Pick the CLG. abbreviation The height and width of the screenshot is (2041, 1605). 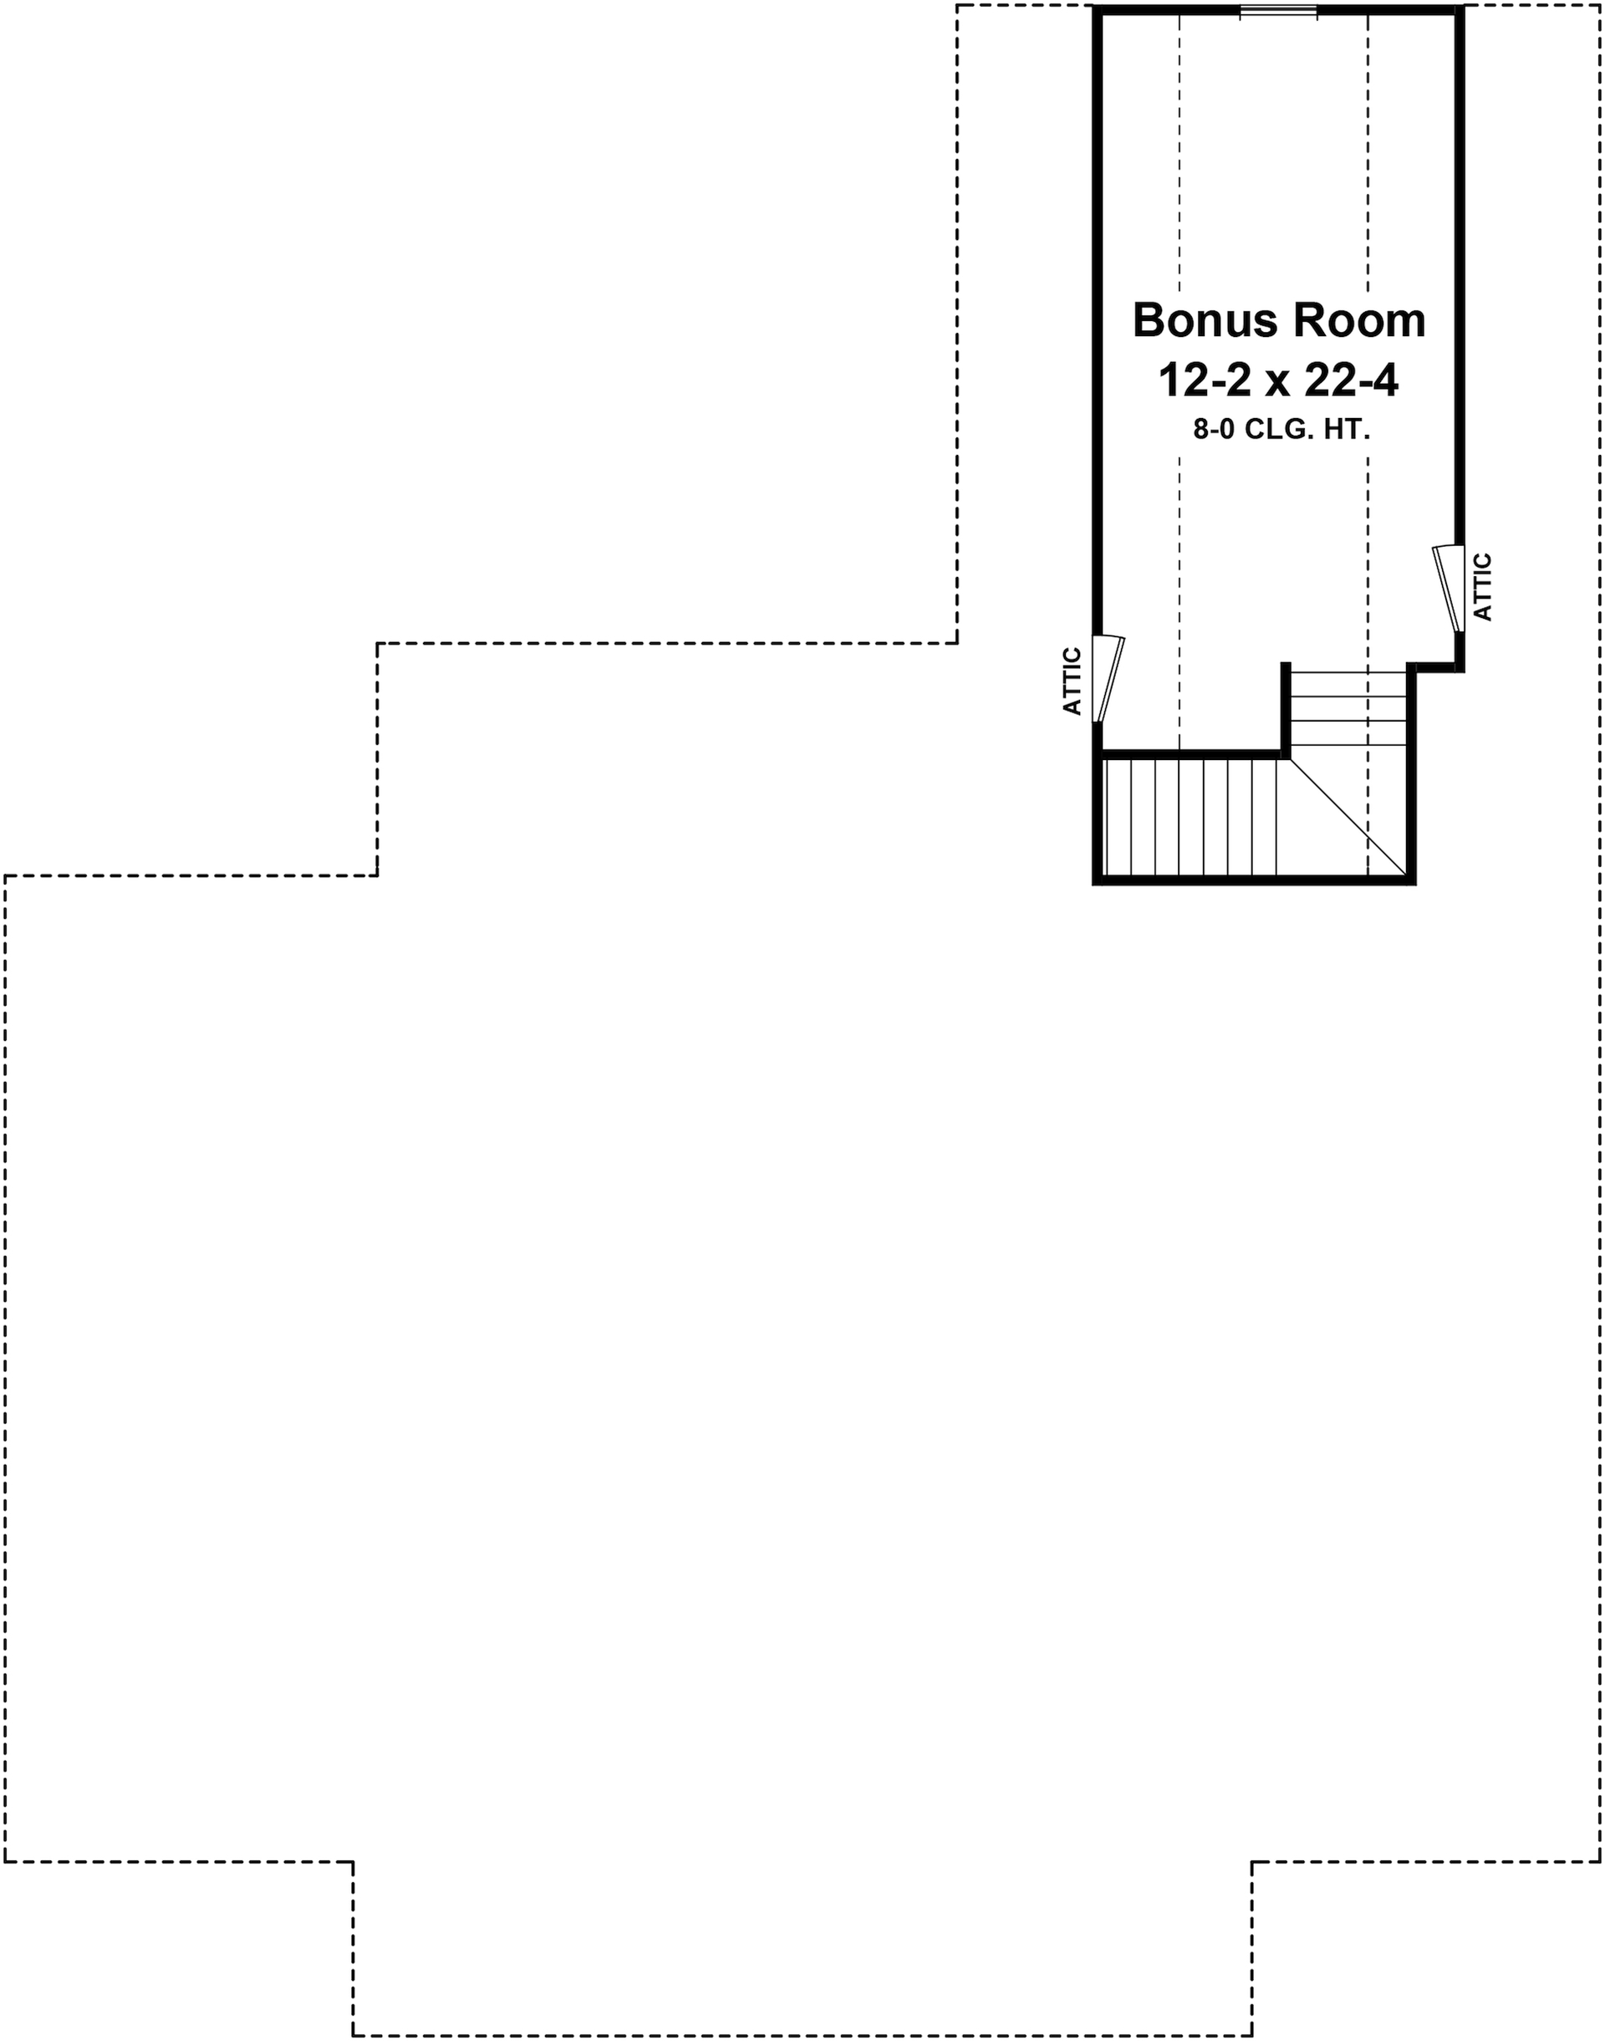[1284, 431]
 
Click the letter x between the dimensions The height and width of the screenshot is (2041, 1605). [1279, 384]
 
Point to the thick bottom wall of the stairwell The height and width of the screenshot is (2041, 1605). [1255, 880]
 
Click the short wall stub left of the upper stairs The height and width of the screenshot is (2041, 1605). [1285, 707]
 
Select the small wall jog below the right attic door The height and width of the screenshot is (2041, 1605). [1438, 668]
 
